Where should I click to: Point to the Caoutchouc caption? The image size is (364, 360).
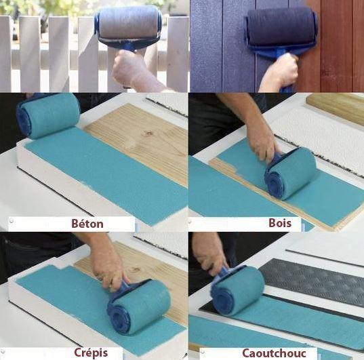[273, 353]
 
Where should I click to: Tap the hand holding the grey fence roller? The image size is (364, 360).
[130, 68]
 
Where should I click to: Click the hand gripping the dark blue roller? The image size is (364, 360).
[281, 71]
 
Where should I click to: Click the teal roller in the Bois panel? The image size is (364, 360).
[290, 174]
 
